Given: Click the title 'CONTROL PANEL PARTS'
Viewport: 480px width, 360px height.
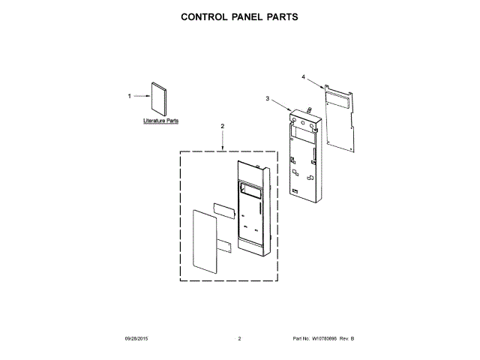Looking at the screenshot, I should click(240, 16).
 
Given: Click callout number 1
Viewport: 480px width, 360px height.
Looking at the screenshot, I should click(129, 96).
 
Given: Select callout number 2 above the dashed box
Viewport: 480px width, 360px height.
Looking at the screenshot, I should click(223, 125).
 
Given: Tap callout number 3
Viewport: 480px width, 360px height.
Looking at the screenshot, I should click(267, 98).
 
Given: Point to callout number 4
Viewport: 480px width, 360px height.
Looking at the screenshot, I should click(303, 76).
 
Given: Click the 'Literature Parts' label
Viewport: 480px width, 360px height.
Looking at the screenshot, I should click(160, 120).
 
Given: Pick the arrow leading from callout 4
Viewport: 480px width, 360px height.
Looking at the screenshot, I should click(315, 83).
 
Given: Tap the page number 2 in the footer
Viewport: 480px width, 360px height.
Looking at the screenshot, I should click(239, 340).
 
